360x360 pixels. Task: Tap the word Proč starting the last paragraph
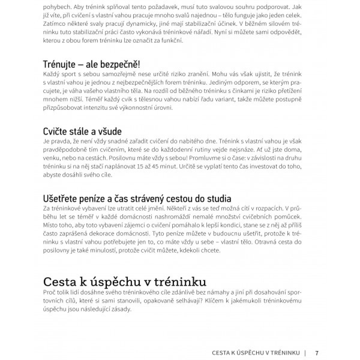49,292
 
